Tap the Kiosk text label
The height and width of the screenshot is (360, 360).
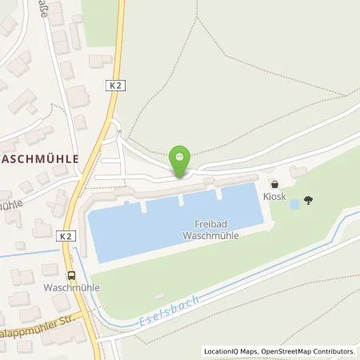[274, 195]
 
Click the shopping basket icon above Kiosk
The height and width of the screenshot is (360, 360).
[274, 183]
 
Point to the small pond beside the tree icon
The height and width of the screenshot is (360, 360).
[294, 205]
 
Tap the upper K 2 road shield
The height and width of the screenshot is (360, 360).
[115, 83]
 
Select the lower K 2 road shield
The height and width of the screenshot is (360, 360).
[65, 237]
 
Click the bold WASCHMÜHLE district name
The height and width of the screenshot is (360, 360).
[40, 158]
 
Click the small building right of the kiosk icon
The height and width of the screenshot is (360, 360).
[298, 172]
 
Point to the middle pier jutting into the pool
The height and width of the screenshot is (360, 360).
[181, 199]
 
